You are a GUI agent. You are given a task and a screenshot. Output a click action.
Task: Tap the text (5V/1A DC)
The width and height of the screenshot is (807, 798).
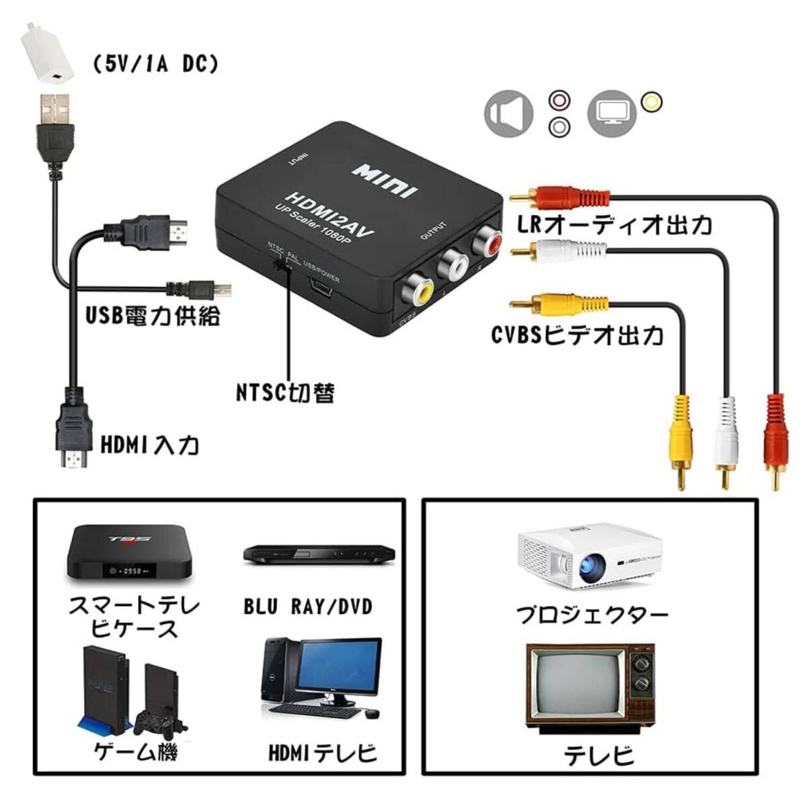click(x=155, y=64)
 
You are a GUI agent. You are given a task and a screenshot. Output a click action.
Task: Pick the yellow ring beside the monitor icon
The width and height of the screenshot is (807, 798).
click(x=651, y=102)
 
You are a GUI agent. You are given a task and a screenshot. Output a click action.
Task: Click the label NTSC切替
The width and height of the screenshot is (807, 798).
click(x=285, y=392)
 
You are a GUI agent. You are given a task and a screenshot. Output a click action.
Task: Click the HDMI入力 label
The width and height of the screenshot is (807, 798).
click(x=149, y=444)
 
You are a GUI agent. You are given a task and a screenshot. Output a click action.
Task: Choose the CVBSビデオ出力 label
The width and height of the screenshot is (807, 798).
click(x=576, y=334)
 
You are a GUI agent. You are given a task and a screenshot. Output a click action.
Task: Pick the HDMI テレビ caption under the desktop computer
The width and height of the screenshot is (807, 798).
click(x=323, y=753)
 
